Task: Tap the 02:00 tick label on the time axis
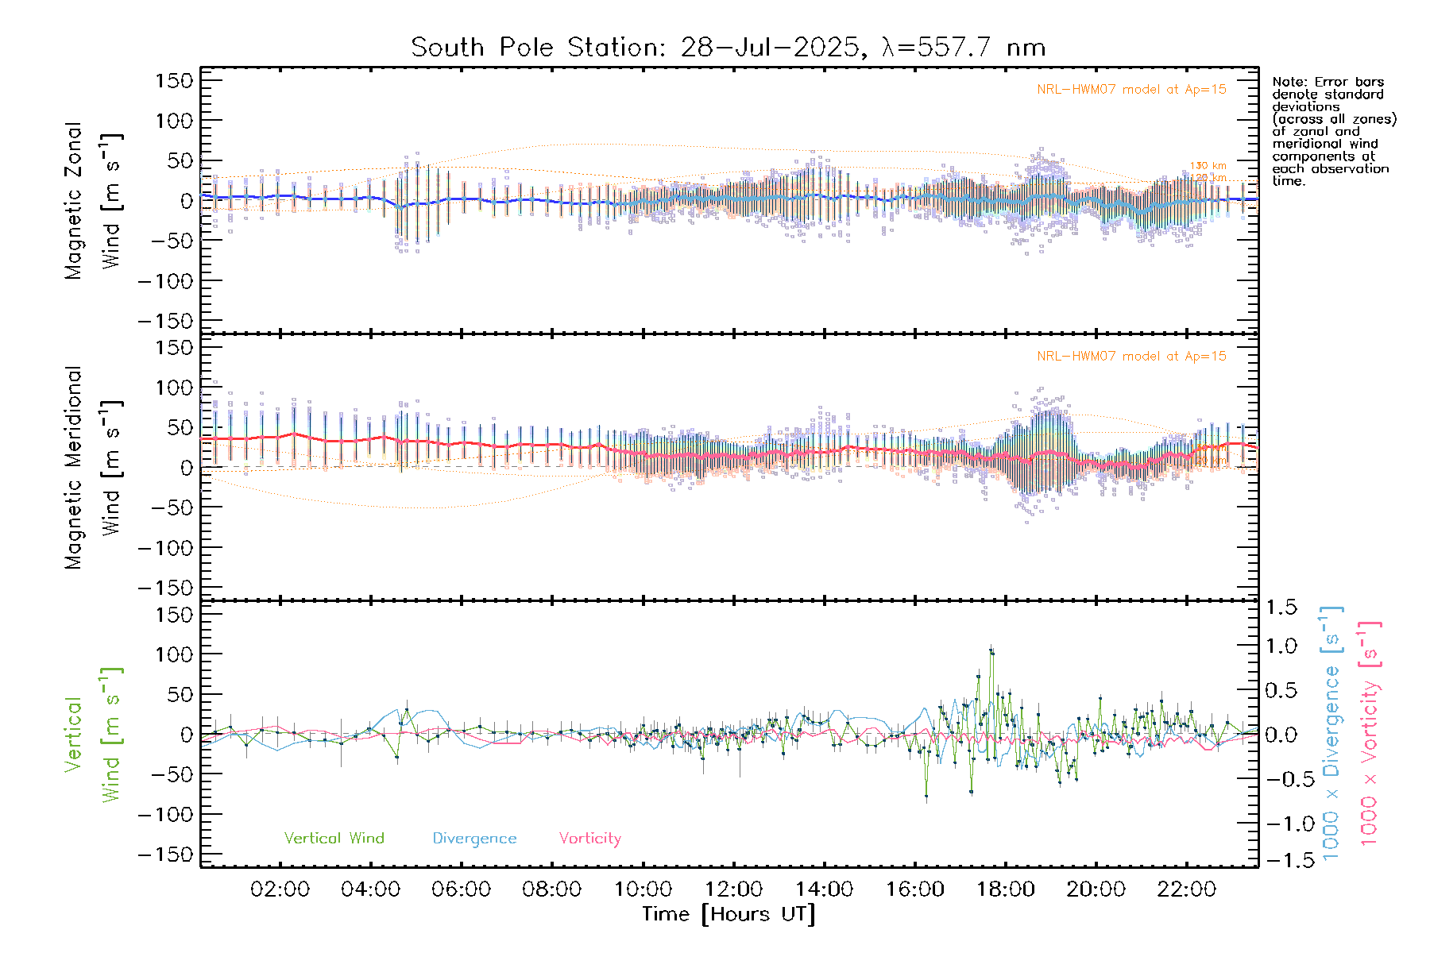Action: tap(280, 889)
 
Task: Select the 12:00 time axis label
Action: tap(733, 889)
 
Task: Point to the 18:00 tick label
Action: tap(1005, 889)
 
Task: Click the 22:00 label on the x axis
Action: tap(1186, 889)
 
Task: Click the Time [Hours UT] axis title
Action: tap(729, 915)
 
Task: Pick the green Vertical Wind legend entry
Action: tap(334, 839)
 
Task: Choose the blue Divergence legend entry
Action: tap(474, 839)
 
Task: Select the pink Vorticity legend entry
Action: tap(589, 839)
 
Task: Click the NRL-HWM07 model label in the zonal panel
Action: tap(1131, 90)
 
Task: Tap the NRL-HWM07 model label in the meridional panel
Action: tap(1131, 357)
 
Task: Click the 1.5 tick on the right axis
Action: tap(1281, 608)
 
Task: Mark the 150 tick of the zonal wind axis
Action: tap(174, 81)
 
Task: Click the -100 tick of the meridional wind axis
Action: tap(165, 548)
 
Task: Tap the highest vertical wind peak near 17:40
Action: tap(991, 650)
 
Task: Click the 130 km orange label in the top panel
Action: tap(1208, 166)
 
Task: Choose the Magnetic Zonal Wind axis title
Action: tap(93, 200)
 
